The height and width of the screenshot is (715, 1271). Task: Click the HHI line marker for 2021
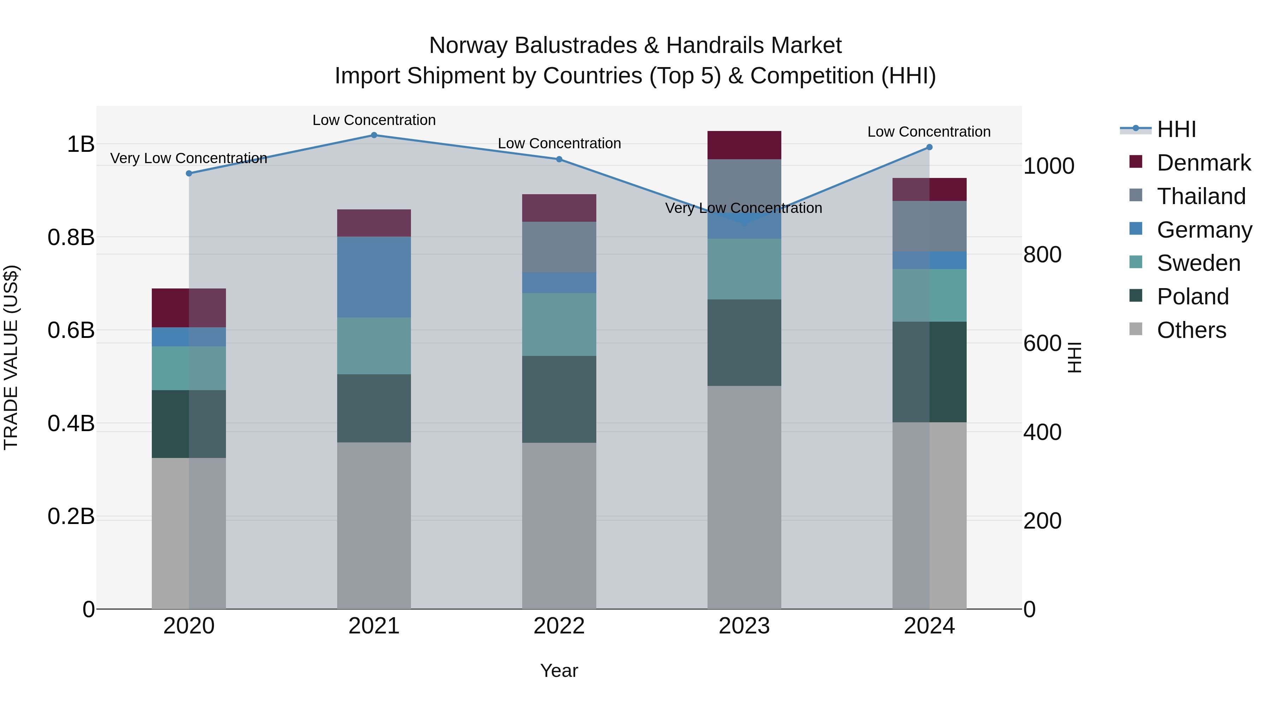[374, 135]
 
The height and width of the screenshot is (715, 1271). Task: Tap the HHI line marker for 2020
[189, 173]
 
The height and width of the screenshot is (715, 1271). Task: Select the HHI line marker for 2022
[559, 159]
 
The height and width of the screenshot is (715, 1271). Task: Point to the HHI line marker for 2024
[930, 147]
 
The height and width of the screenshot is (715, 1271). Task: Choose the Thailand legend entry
[1201, 196]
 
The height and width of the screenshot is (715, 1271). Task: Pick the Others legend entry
[1191, 330]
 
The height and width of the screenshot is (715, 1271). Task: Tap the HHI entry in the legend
[1176, 129]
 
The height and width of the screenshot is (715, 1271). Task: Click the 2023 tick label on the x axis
[744, 626]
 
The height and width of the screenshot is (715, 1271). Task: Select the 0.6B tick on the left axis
[71, 330]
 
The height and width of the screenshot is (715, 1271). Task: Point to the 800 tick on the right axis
[1042, 255]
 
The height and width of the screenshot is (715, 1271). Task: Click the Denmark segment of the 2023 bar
[744, 145]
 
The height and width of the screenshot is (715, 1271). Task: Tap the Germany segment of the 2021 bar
[374, 277]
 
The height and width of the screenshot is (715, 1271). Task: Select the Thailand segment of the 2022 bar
[559, 247]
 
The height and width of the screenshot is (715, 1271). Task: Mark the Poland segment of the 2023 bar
[744, 342]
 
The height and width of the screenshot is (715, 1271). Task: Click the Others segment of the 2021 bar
[374, 525]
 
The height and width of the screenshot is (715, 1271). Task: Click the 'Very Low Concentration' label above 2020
[189, 159]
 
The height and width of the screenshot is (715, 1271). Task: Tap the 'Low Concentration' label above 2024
[929, 132]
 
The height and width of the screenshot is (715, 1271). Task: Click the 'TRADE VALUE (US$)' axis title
[11, 357]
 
